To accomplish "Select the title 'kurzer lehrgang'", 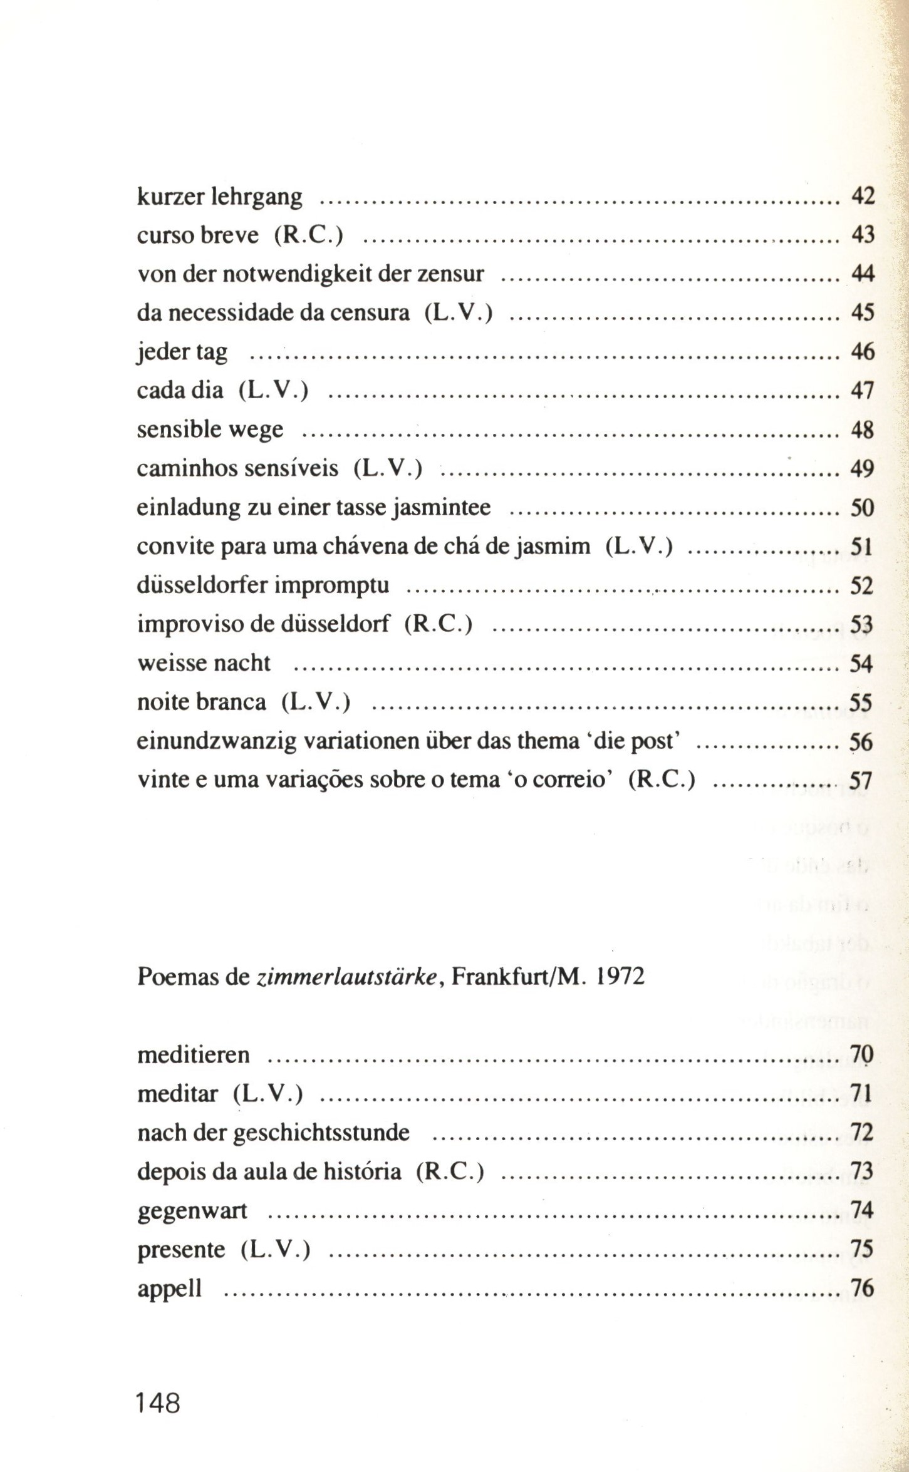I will (219, 198).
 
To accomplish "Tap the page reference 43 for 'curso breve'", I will (862, 235).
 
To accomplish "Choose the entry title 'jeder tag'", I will (182, 353).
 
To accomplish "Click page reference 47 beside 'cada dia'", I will (862, 391).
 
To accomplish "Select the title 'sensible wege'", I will (210, 430).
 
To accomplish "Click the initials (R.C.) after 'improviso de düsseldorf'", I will (438, 624).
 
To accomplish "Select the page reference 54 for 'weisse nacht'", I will (861, 663).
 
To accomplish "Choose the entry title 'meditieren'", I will (193, 1055).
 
